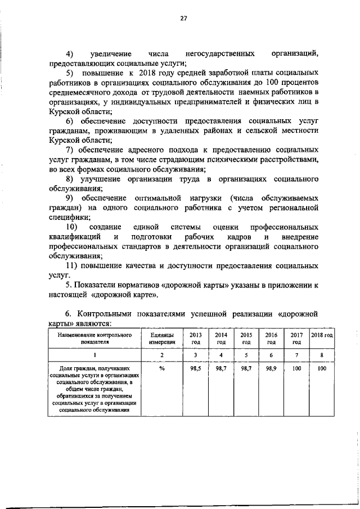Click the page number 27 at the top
point(183,19)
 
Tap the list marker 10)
point(71,227)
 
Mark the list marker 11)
point(71,265)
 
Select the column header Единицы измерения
point(162,338)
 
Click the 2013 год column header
point(196,338)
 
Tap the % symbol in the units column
point(162,368)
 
